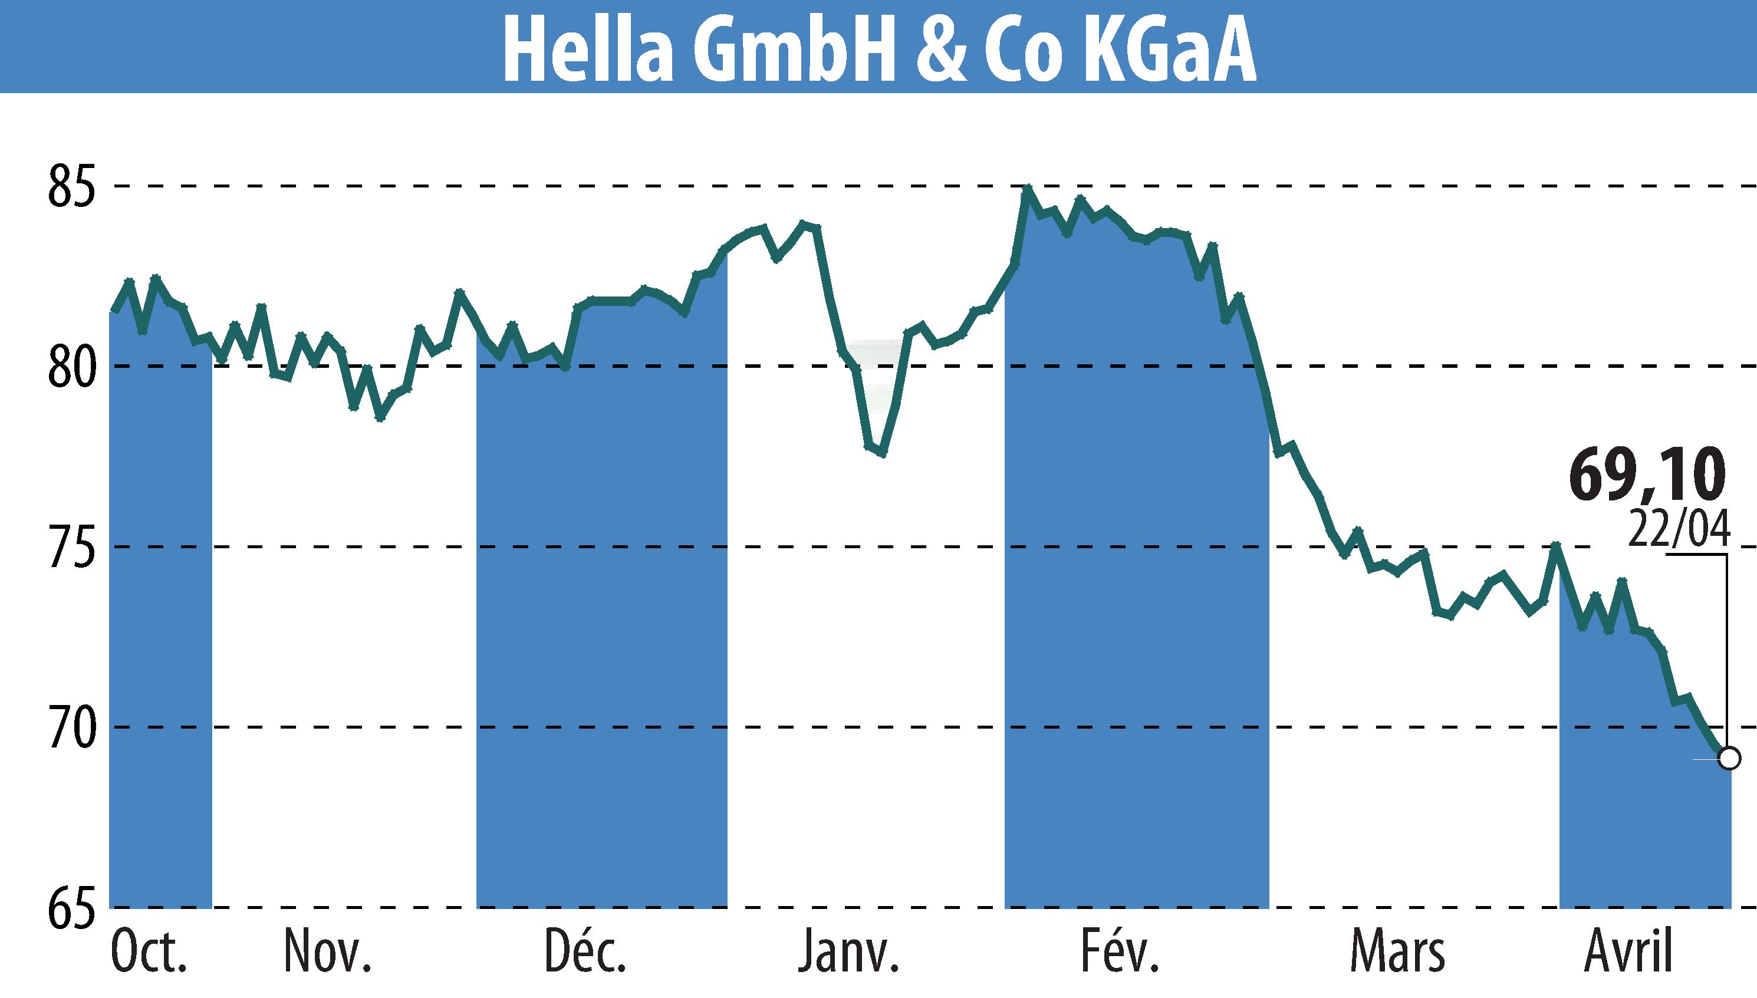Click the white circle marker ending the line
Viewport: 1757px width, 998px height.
[x=1729, y=759]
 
